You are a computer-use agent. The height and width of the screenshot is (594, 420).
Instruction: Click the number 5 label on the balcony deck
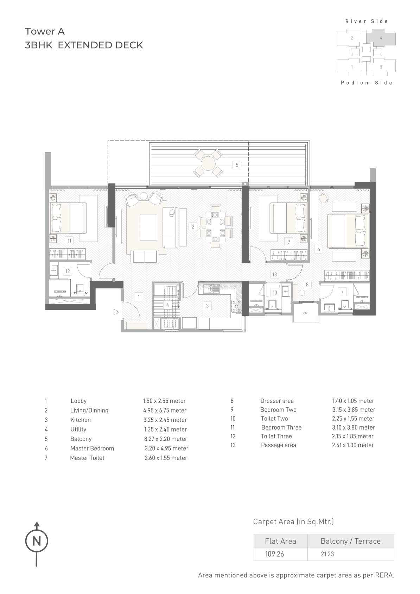237,165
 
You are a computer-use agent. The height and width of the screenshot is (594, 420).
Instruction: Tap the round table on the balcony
208,163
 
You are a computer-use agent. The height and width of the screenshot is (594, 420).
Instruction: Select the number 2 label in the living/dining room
193,227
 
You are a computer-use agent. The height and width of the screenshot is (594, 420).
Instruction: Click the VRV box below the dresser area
305,313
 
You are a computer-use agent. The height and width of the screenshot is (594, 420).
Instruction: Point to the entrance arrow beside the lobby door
116,312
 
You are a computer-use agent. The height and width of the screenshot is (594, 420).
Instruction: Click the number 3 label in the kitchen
208,306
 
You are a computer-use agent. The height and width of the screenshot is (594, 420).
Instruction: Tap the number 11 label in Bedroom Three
70,241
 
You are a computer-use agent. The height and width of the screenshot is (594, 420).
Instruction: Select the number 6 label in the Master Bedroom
319,249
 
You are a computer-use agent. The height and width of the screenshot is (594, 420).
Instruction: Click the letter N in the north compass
37,541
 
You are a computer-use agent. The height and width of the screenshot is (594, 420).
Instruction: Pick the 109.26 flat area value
274,554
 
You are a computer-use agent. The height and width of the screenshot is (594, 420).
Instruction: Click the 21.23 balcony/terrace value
327,554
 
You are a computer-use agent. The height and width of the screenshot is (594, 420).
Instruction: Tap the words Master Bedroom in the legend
92,448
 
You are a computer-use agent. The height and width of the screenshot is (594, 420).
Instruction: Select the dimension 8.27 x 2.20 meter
165,439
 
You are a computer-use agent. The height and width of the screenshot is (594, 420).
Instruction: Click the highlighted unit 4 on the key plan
381,38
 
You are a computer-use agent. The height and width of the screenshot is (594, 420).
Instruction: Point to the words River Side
367,21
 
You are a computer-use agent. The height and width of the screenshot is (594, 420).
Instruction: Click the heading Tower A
45,31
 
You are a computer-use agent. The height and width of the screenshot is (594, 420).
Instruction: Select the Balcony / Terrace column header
350,541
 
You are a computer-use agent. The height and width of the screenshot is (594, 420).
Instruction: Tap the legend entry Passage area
278,445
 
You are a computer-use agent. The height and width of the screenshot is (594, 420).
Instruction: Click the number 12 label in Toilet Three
68,271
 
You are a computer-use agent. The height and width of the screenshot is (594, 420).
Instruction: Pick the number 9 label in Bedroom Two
288,242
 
